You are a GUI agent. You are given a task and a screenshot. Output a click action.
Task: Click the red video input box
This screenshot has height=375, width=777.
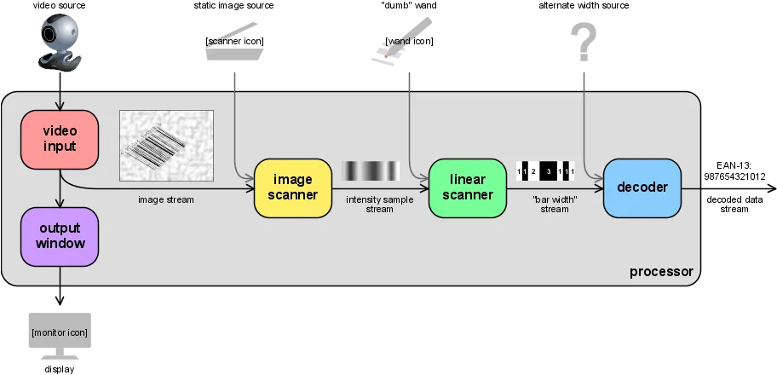pyautogui.click(x=60, y=138)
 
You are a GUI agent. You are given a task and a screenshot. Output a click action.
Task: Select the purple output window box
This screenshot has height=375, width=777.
pyautogui.click(x=60, y=235)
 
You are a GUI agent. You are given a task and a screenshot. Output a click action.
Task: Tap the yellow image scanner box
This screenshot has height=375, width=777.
pyautogui.click(x=293, y=187)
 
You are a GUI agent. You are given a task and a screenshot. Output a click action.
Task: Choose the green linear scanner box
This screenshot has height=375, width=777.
pyautogui.click(x=467, y=187)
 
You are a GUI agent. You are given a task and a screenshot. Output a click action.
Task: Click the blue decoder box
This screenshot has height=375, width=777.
pyautogui.click(x=642, y=187)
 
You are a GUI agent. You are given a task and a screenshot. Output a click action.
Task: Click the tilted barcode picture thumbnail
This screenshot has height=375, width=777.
pyautogui.click(x=166, y=145)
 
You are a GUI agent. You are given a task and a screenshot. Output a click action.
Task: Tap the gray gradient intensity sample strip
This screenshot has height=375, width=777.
pyautogui.click(x=370, y=172)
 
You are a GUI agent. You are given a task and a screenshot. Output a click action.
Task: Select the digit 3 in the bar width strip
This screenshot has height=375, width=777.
pyautogui.click(x=549, y=172)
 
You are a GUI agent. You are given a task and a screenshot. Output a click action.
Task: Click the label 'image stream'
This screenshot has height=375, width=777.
pyautogui.click(x=166, y=200)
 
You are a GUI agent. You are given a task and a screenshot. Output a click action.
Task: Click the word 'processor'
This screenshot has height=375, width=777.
pyautogui.click(x=661, y=272)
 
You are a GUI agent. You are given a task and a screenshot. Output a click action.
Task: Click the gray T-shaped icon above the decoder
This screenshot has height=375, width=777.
pyautogui.click(x=584, y=38)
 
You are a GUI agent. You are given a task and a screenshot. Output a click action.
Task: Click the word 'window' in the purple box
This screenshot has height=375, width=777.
pyautogui.click(x=60, y=243)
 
